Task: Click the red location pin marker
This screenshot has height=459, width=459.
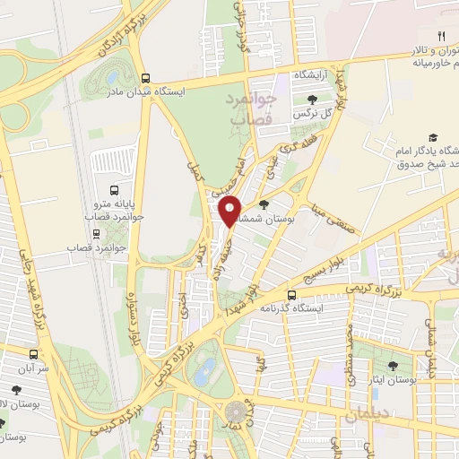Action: click(230, 211)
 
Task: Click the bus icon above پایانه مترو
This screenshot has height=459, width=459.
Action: click(114, 190)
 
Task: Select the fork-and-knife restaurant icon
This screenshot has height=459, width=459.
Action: click(441, 36)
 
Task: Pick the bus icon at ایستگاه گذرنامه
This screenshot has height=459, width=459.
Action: click(291, 295)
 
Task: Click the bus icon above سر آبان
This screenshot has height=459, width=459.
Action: click(34, 353)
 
